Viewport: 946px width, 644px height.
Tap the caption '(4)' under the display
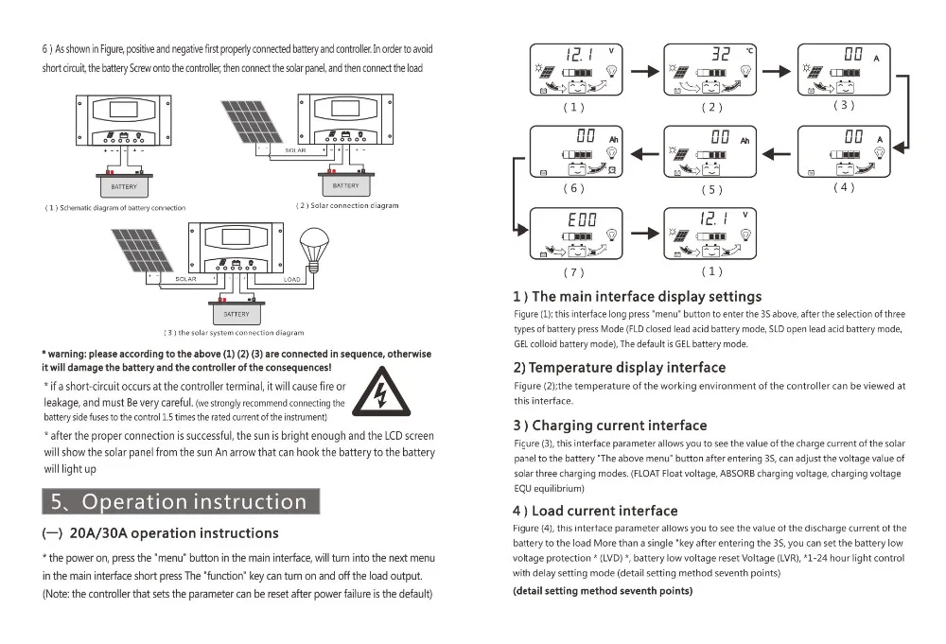(844, 187)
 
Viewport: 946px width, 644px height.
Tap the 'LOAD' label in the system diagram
(291, 279)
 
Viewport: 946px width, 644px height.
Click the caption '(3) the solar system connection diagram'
(234, 333)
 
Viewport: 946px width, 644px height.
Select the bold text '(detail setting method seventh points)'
(603, 591)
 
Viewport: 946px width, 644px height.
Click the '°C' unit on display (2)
(750, 50)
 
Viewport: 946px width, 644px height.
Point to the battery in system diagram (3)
(236, 311)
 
